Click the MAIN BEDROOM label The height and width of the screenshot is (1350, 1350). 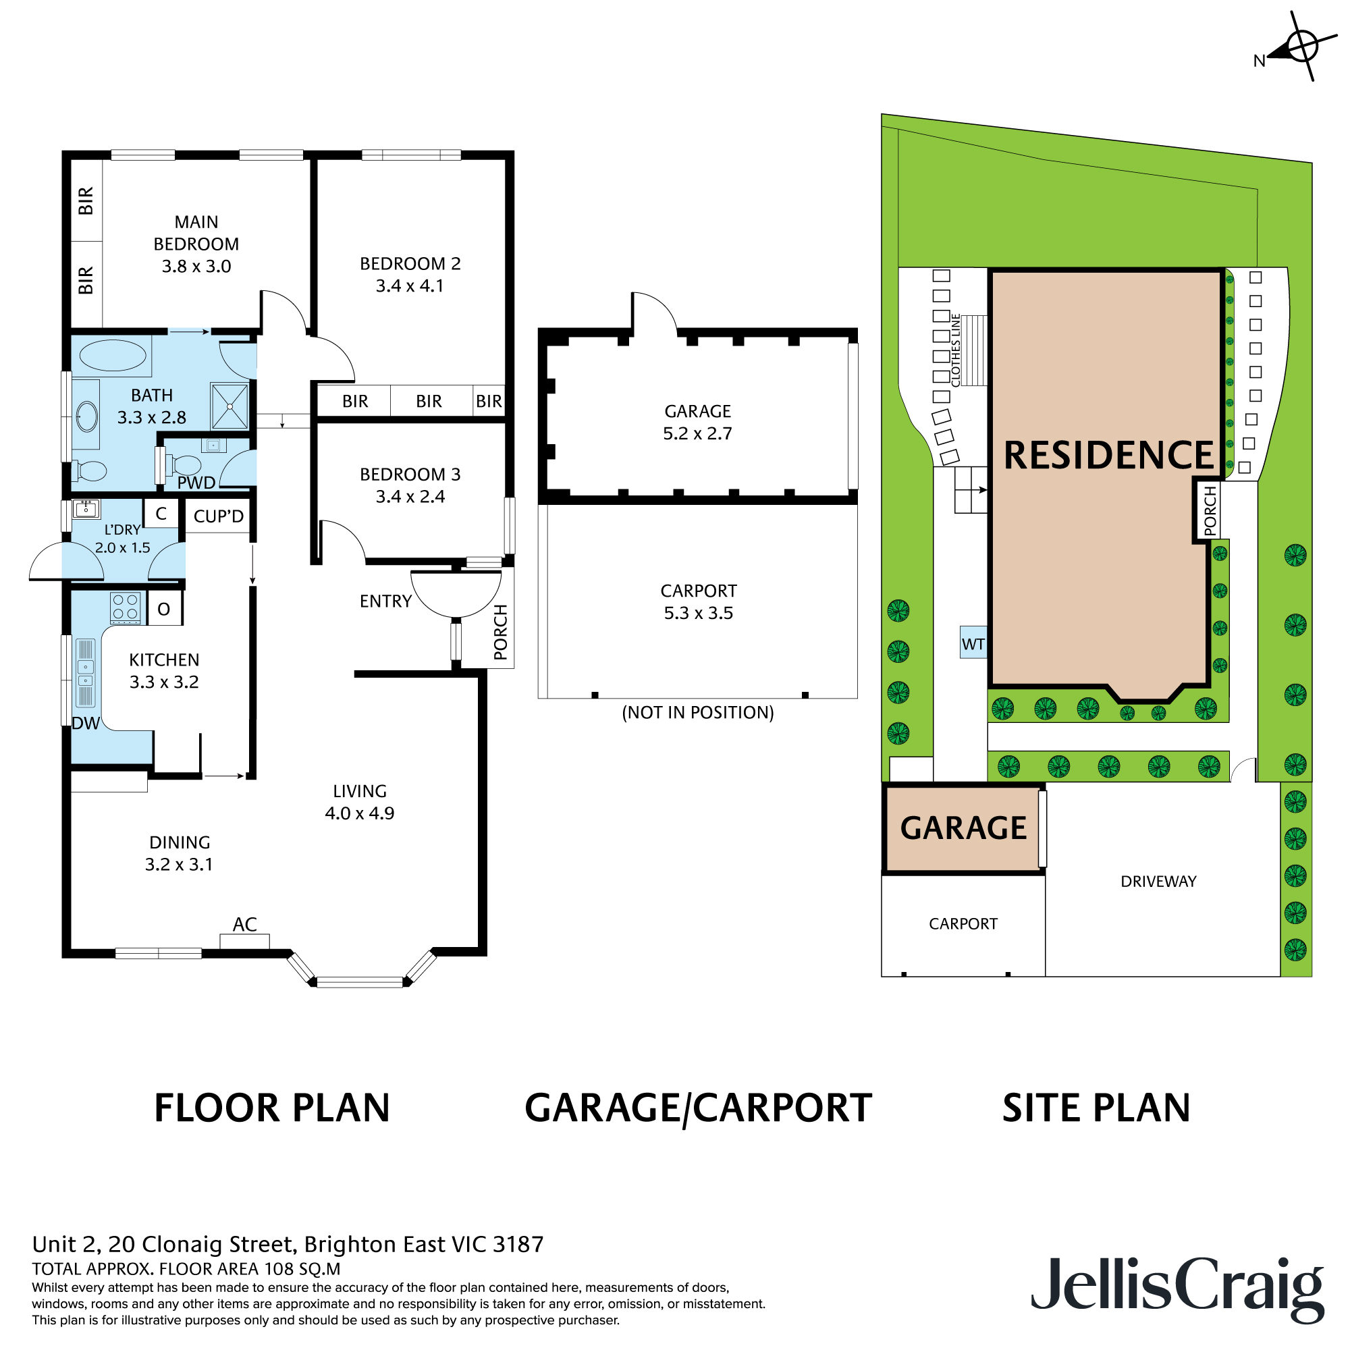(x=196, y=234)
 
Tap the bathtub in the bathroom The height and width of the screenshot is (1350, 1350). (x=113, y=355)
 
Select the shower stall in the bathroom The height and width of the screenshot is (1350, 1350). (x=230, y=406)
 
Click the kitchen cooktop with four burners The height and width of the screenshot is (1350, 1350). (x=126, y=607)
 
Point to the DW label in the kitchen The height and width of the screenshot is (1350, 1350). (x=86, y=724)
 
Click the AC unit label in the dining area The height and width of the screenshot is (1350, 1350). (x=244, y=925)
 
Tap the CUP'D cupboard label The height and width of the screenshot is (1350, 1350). (x=218, y=516)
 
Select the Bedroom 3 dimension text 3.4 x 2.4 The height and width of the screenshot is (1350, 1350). (x=410, y=497)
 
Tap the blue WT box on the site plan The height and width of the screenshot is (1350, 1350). (x=973, y=643)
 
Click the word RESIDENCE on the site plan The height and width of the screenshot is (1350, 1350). (x=1108, y=456)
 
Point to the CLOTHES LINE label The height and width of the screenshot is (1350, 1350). (x=956, y=350)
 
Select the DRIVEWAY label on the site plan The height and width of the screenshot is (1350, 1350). (x=1158, y=882)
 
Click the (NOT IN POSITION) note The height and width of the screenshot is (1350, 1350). (x=697, y=713)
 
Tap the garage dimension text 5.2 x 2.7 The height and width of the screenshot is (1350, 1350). (x=697, y=434)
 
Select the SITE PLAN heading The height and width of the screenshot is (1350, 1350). (x=1096, y=1108)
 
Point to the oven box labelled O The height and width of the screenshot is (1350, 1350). (x=164, y=610)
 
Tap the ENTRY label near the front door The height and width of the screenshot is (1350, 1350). (x=385, y=601)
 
